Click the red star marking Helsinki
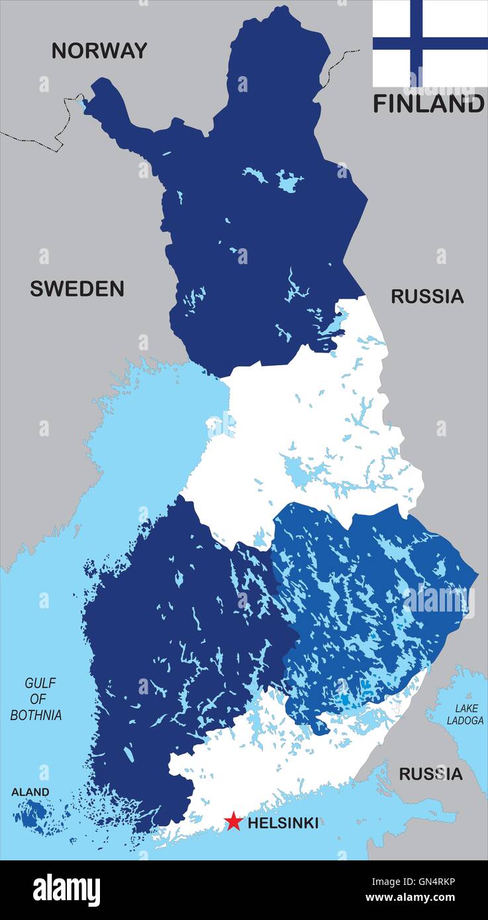tap(232, 821)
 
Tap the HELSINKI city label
tap(283, 823)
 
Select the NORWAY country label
tap(99, 50)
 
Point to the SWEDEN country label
tap(77, 289)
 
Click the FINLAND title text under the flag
tap(428, 104)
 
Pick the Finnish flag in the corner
tap(430, 43)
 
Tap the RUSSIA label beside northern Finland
tap(427, 297)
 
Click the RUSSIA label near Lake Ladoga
tap(430, 773)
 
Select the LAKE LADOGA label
tap(465, 714)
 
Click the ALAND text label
tap(30, 792)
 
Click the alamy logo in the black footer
tap(66, 890)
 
